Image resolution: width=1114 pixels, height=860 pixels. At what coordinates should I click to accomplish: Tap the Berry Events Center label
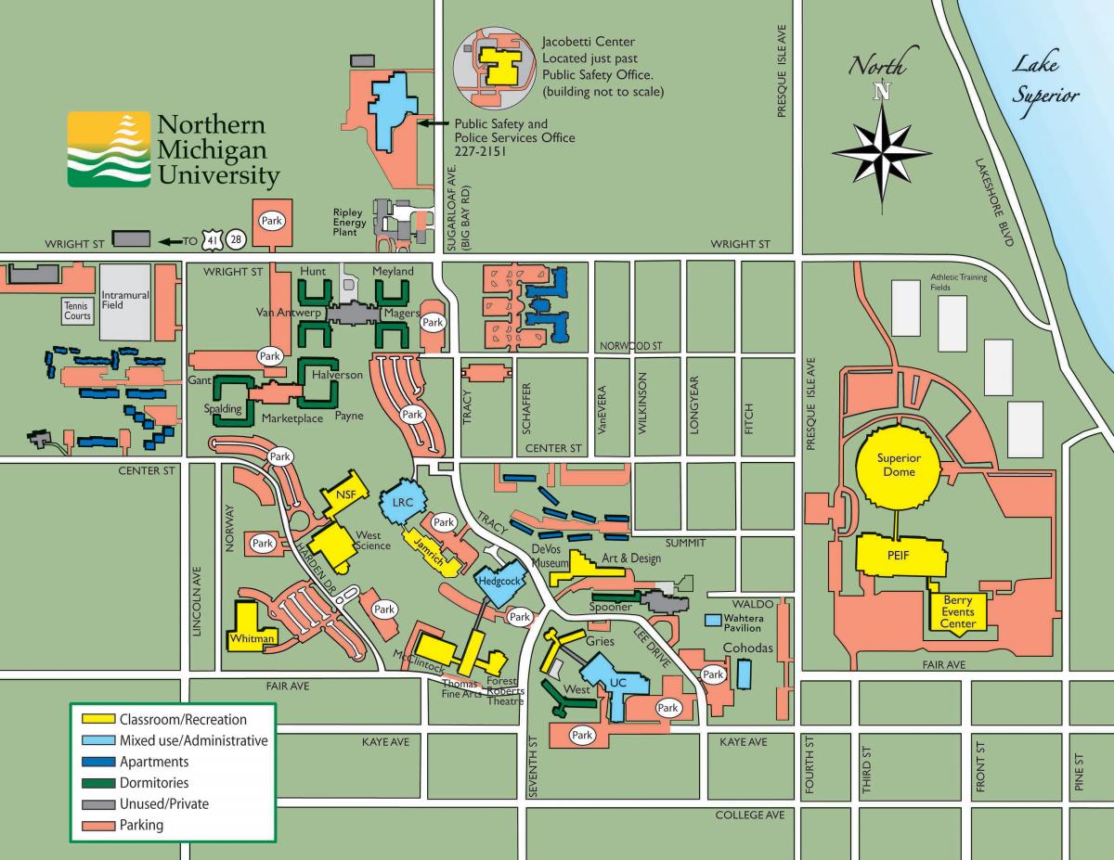tap(958, 612)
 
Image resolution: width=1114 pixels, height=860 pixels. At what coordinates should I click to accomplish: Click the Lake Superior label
tap(1044, 80)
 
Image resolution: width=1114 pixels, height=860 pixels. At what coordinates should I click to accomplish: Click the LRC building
tap(403, 501)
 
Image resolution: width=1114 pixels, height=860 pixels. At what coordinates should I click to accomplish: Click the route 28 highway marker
tap(238, 241)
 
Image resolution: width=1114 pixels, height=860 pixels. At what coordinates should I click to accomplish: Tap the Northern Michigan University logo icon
tap(109, 150)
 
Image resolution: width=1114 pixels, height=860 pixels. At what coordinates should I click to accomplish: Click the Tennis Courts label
tap(77, 310)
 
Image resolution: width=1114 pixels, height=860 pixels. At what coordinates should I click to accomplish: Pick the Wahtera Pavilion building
tap(714, 619)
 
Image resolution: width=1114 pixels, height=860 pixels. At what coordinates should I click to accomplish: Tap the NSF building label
tap(345, 493)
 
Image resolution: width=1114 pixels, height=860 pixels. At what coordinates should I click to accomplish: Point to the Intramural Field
tap(124, 302)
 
